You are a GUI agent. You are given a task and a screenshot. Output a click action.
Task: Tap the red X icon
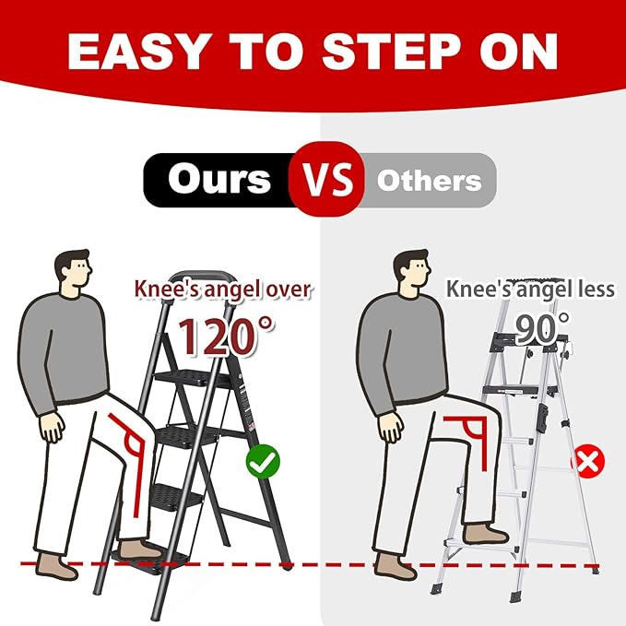tap(587, 459)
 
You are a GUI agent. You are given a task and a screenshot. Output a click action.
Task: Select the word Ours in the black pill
tap(219, 179)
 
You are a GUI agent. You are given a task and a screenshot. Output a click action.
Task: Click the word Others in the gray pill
tap(430, 180)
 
